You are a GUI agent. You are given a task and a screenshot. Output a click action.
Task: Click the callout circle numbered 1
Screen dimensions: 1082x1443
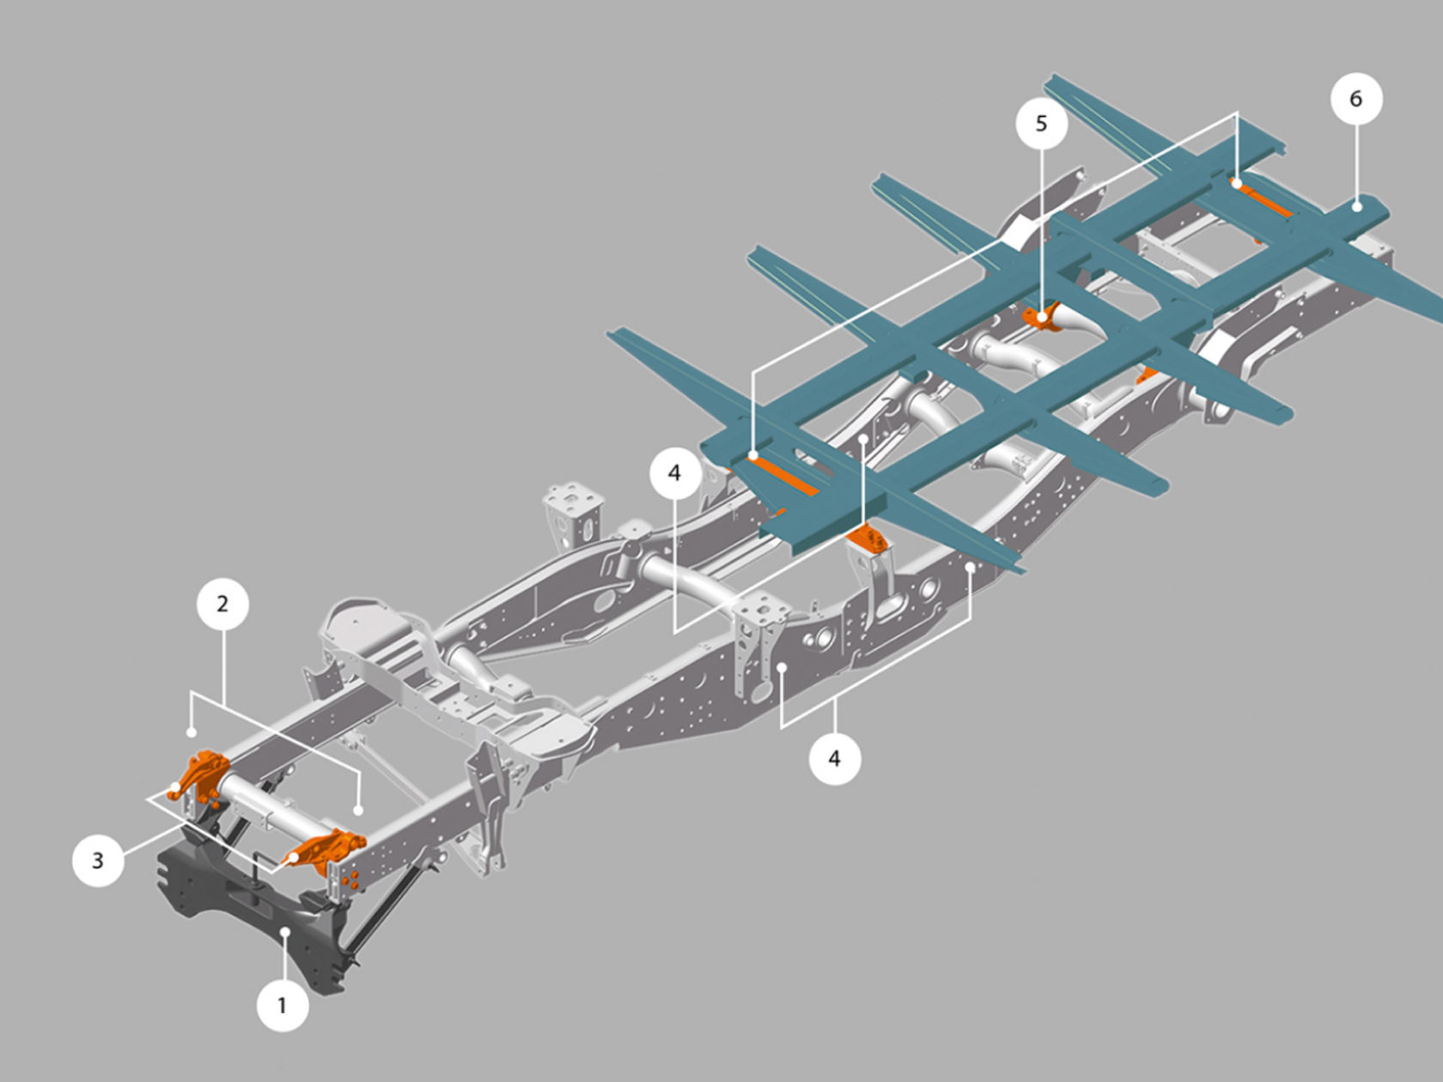(x=283, y=1004)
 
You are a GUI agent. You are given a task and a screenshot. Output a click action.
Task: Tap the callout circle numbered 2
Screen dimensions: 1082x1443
(x=222, y=604)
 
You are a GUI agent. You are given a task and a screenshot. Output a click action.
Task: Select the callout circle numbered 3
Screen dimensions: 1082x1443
(x=98, y=860)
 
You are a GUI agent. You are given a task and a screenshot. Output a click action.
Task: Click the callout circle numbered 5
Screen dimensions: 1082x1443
(x=1041, y=124)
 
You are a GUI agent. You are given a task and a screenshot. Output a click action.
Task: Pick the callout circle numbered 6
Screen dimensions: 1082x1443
(x=1355, y=99)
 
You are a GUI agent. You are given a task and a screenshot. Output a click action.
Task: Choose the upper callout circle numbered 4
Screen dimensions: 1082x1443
(x=674, y=473)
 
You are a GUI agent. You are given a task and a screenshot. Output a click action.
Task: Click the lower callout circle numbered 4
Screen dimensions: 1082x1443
(x=834, y=758)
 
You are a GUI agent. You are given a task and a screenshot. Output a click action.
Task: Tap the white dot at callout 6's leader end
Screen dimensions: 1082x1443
(x=1355, y=206)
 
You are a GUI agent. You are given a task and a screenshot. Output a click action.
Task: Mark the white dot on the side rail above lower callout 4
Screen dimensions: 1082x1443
(x=782, y=667)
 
